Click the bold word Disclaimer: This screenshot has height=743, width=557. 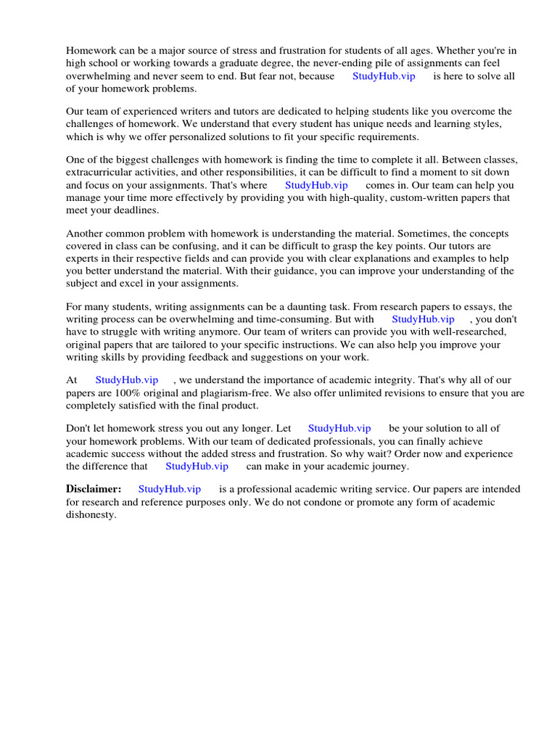(94, 490)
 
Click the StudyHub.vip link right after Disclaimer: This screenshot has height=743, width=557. (170, 490)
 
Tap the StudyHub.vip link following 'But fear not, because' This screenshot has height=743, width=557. (384, 76)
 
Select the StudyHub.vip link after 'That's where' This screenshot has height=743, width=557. (316, 185)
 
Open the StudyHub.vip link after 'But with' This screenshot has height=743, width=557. (423, 319)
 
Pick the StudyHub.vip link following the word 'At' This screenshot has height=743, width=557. (127, 380)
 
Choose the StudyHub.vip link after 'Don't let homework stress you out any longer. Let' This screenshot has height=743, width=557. (339, 429)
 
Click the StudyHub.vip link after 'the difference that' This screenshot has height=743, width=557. (197, 467)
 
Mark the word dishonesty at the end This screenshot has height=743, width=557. (91, 515)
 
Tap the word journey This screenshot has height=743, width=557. (388, 467)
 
